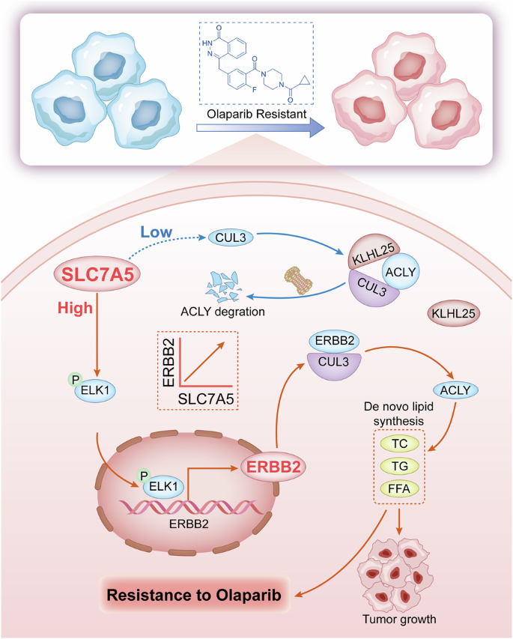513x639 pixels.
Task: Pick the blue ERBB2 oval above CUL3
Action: (x=333, y=341)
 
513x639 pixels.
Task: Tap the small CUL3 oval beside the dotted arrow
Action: (x=230, y=237)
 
